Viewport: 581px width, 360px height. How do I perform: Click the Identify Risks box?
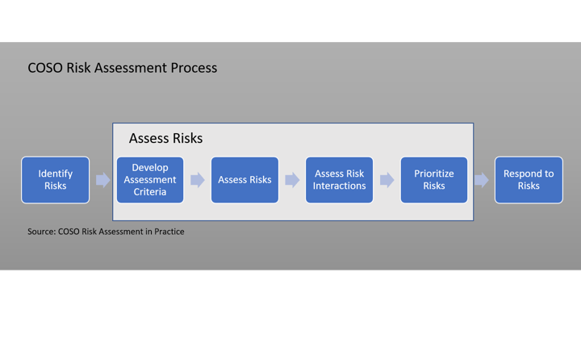tap(56, 179)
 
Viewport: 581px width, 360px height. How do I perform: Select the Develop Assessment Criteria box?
tap(150, 179)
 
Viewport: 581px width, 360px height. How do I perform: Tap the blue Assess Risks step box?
tap(245, 179)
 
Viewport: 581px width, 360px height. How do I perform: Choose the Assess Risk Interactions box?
tap(339, 179)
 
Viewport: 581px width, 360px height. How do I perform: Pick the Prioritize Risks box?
tap(434, 179)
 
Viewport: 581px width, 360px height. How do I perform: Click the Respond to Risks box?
tap(529, 179)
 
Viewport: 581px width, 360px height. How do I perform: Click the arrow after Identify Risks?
tap(102, 179)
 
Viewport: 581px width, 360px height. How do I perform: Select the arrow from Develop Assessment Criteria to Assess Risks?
tap(197, 179)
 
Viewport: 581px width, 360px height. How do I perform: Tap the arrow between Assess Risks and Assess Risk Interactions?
tap(291, 179)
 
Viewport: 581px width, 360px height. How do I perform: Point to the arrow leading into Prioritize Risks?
tap(387, 179)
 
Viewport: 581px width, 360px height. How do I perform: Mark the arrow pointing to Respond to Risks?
tap(481, 179)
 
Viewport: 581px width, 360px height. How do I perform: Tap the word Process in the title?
tap(193, 68)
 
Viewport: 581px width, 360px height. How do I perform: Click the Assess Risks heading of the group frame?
tap(165, 138)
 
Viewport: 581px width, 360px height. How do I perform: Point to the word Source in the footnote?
tap(41, 232)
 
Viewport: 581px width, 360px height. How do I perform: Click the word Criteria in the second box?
tap(150, 191)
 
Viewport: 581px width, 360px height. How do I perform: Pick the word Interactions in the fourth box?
tap(339, 186)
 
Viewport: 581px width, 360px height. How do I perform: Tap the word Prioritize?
tap(434, 174)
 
